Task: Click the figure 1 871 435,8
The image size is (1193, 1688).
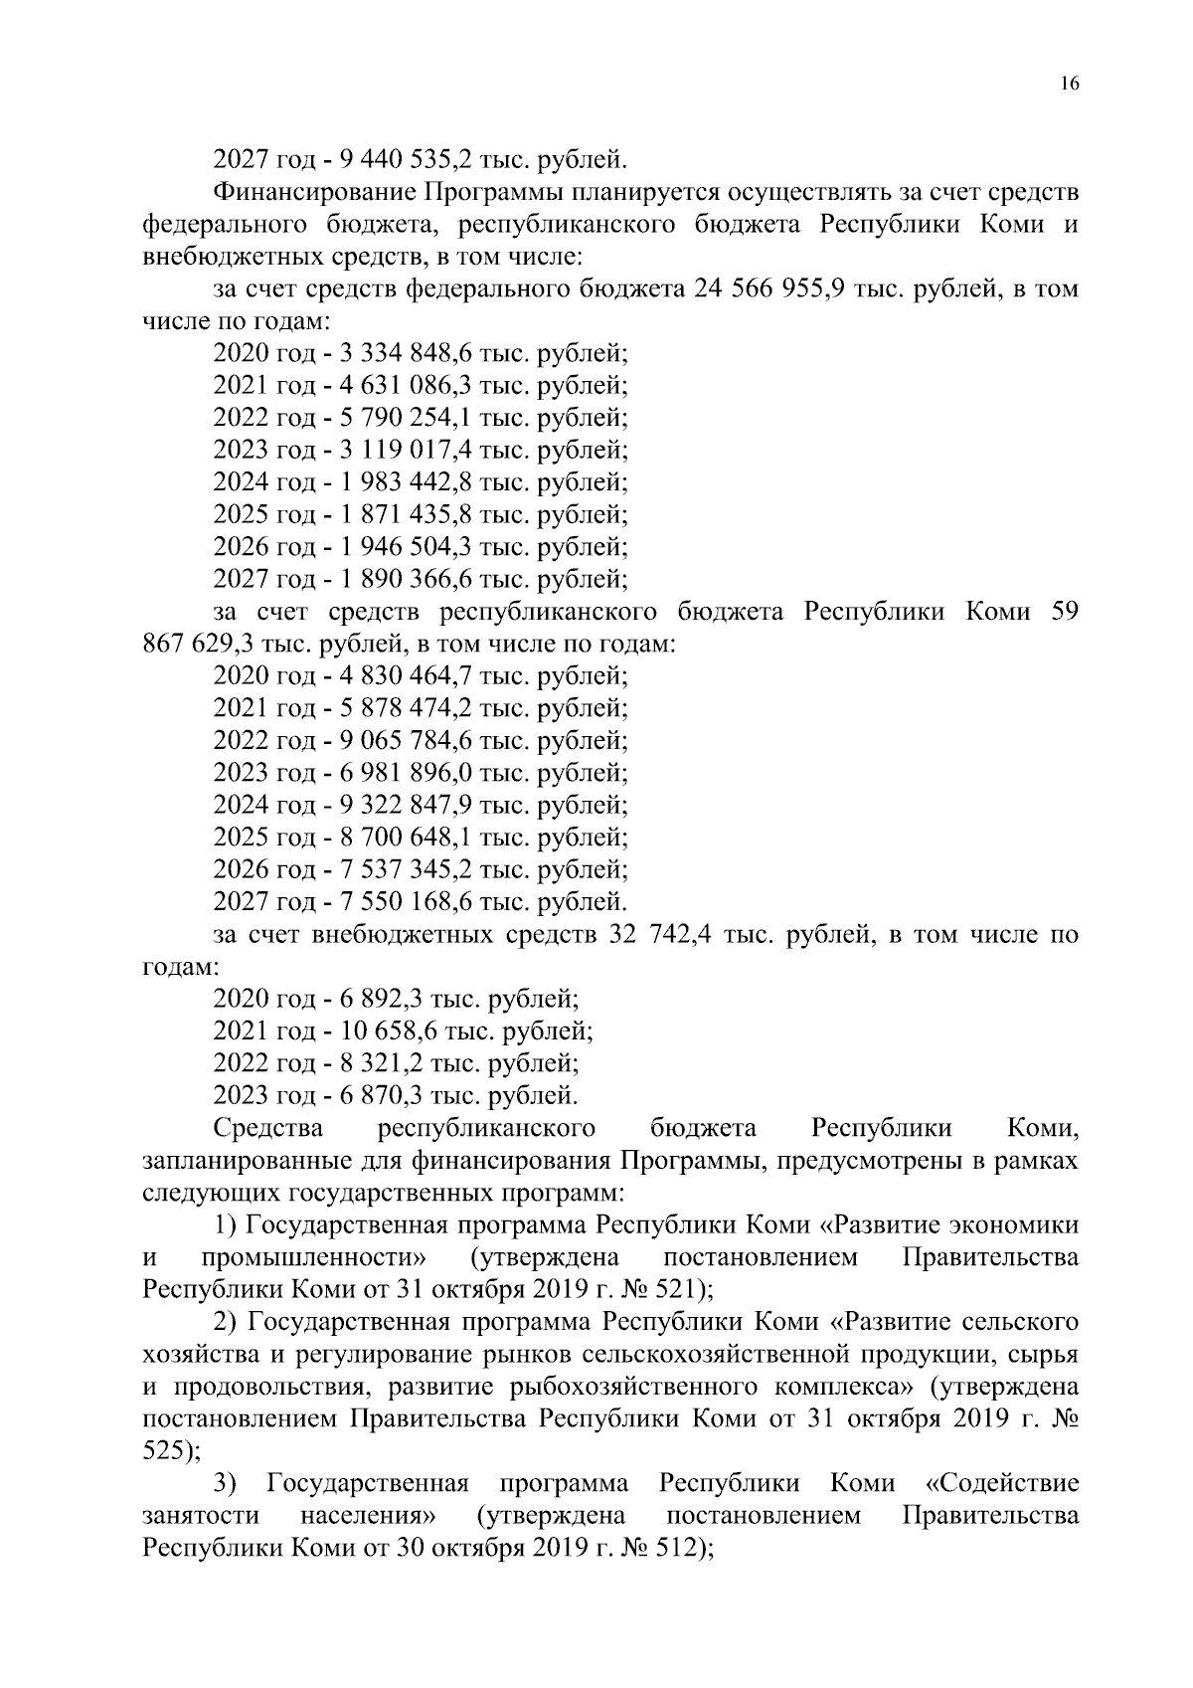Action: click(x=405, y=515)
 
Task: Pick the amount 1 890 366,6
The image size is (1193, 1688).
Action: click(x=405, y=580)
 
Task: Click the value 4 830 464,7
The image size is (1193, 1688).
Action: click(x=405, y=676)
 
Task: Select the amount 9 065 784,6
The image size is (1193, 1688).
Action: click(x=405, y=741)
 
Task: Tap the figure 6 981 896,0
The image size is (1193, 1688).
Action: click(x=405, y=773)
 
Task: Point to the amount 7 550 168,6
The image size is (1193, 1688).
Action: click(x=405, y=902)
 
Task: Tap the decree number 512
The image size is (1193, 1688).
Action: click(x=677, y=1549)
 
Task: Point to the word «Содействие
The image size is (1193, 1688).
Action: click(x=1002, y=1484)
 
